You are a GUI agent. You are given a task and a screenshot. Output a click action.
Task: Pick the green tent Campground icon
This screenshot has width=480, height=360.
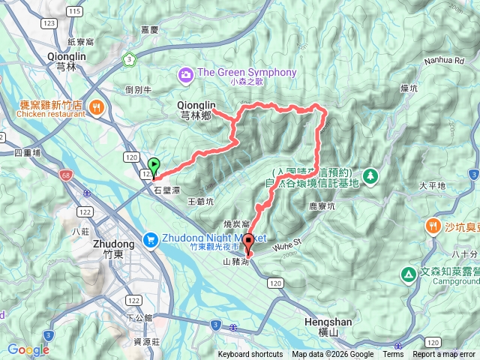pos(408,275)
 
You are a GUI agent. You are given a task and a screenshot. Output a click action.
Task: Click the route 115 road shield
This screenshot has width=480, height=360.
pos(73,11)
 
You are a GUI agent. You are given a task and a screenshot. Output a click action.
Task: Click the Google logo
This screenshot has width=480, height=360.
pos(28,349)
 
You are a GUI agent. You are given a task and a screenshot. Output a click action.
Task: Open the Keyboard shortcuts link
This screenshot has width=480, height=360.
pos(250,355)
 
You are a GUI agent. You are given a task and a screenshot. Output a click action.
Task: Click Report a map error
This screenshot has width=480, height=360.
pos(444,355)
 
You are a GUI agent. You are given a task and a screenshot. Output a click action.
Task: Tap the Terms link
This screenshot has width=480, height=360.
pos(393,355)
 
